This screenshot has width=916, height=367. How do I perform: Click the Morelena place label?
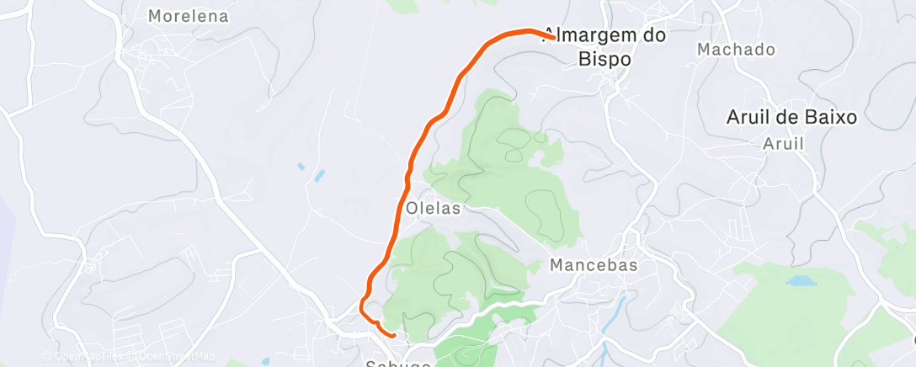[188, 16]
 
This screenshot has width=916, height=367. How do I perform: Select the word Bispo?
[604, 60]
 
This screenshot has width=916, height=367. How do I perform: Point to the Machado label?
[736, 50]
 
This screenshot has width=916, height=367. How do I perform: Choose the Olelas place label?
[433, 208]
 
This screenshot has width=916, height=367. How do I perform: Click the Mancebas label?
[593, 265]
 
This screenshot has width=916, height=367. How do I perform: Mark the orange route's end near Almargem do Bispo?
[552, 37]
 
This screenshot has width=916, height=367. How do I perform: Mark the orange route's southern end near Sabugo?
[393, 335]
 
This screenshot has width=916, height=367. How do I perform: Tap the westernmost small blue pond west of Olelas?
[301, 167]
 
